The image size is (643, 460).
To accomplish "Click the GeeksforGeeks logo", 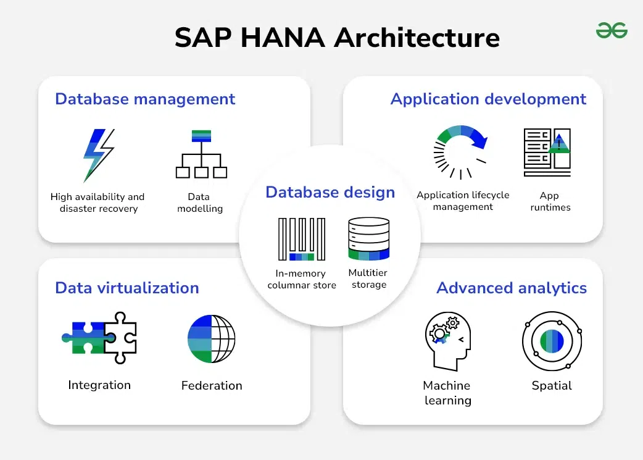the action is click(x=612, y=31).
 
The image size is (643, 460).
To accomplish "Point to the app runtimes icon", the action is click(x=547, y=153).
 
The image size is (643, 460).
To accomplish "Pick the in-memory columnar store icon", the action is click(x=301, y=239).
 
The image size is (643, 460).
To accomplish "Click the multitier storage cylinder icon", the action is click(x=368, y=238).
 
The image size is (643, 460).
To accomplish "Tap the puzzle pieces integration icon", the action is click(x=99, y=338).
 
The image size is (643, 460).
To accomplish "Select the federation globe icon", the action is click(x=211, y=338).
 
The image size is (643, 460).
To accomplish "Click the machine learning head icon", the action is click(x=447, y=341).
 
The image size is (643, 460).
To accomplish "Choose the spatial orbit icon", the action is click(x=552, y=341).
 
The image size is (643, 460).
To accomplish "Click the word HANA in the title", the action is click(x=283, y=38).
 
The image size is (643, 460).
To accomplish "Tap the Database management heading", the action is click(x=145, y=99).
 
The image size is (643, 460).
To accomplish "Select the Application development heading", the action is click(x=488, y=99).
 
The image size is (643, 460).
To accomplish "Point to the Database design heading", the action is click(x=330, y=192).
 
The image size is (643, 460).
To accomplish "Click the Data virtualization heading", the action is click(x=127, y=288).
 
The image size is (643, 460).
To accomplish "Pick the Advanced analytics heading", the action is click(x=512, y=288).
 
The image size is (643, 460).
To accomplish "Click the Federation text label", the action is click(x=212, y=385).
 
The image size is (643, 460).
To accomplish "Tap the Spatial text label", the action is click(x=552, y=386).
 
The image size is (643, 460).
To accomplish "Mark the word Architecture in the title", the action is click(x=417, y=38).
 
